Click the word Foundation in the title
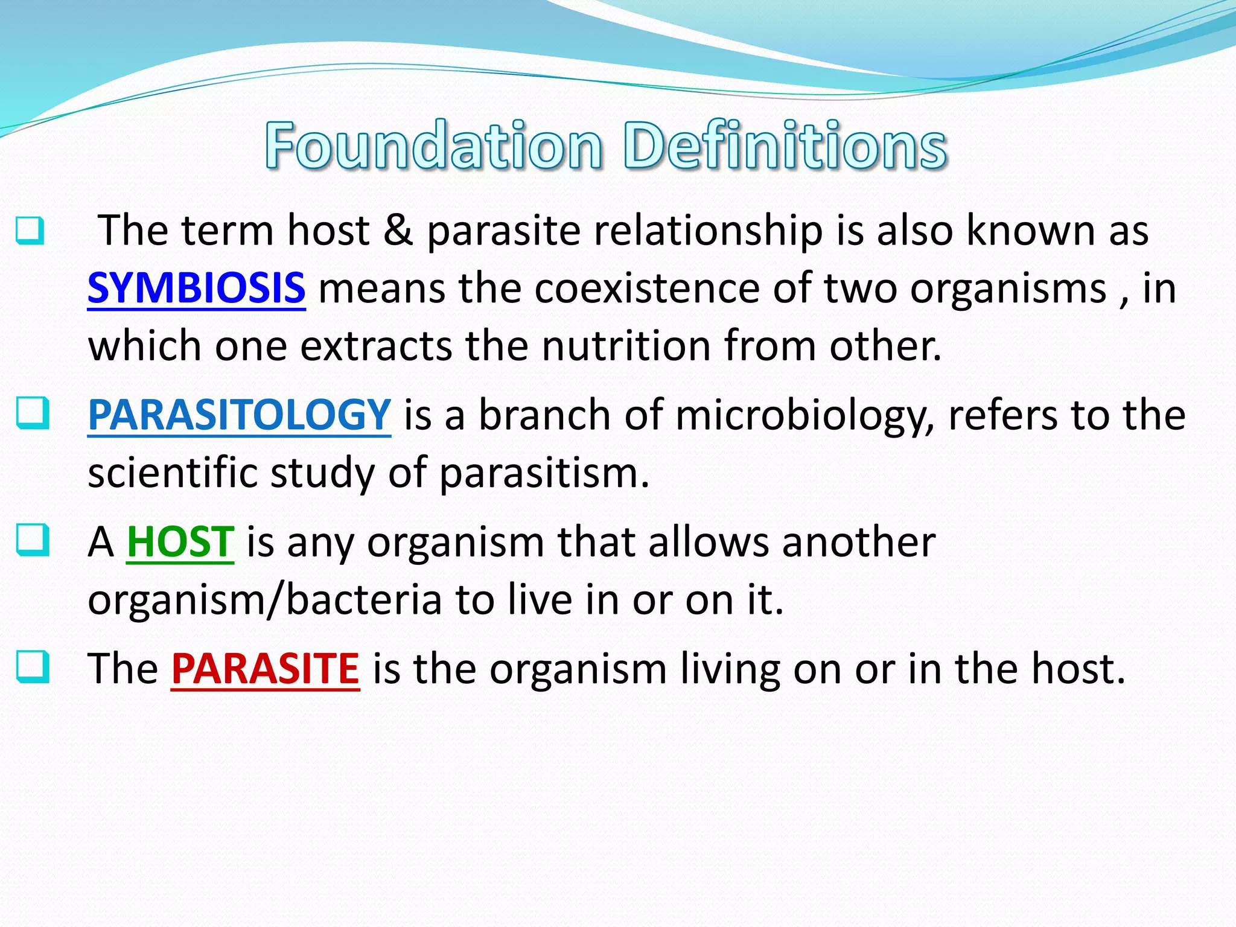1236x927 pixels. (x=433, y=145)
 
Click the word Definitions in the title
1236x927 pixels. (x=785, y=145)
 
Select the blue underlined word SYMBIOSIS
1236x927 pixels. (x=196, y=288)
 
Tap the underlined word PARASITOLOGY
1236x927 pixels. (x=239, y=415)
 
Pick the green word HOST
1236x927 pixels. (x=180, y=541)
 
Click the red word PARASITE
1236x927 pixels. (x=265, y=669)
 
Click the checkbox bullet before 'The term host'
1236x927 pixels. (x=30, y=231)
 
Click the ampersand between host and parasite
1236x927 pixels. (x=398, y=231)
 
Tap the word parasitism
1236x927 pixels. (x=543, y=473)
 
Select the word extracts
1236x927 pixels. (x=375, y=346)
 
